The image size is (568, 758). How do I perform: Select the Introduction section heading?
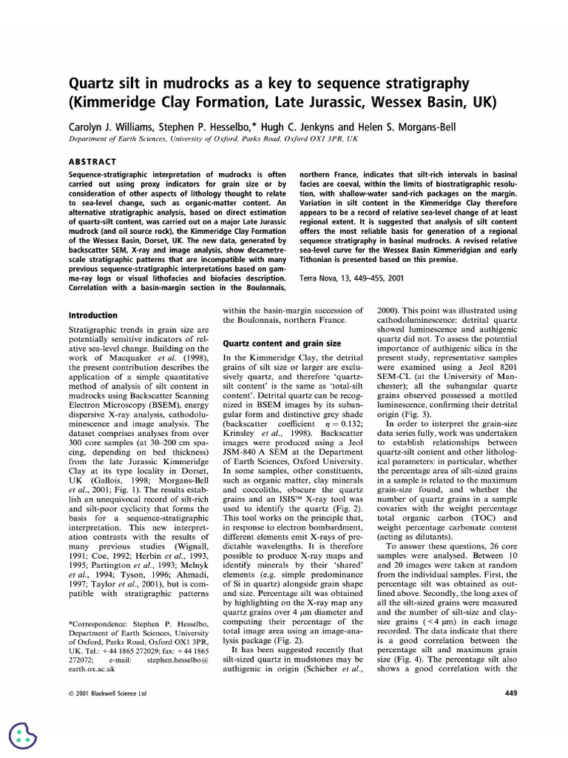92,315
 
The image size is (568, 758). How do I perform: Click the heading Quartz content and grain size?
282,343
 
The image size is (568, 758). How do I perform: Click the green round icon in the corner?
23,735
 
